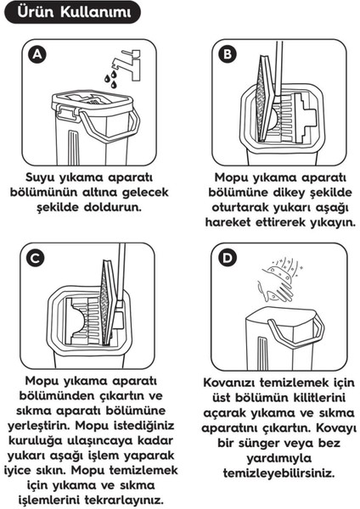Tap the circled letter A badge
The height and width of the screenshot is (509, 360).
point(35,55)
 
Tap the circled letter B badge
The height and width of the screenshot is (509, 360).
point(228,55)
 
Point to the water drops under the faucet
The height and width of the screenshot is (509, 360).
point(110,78)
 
